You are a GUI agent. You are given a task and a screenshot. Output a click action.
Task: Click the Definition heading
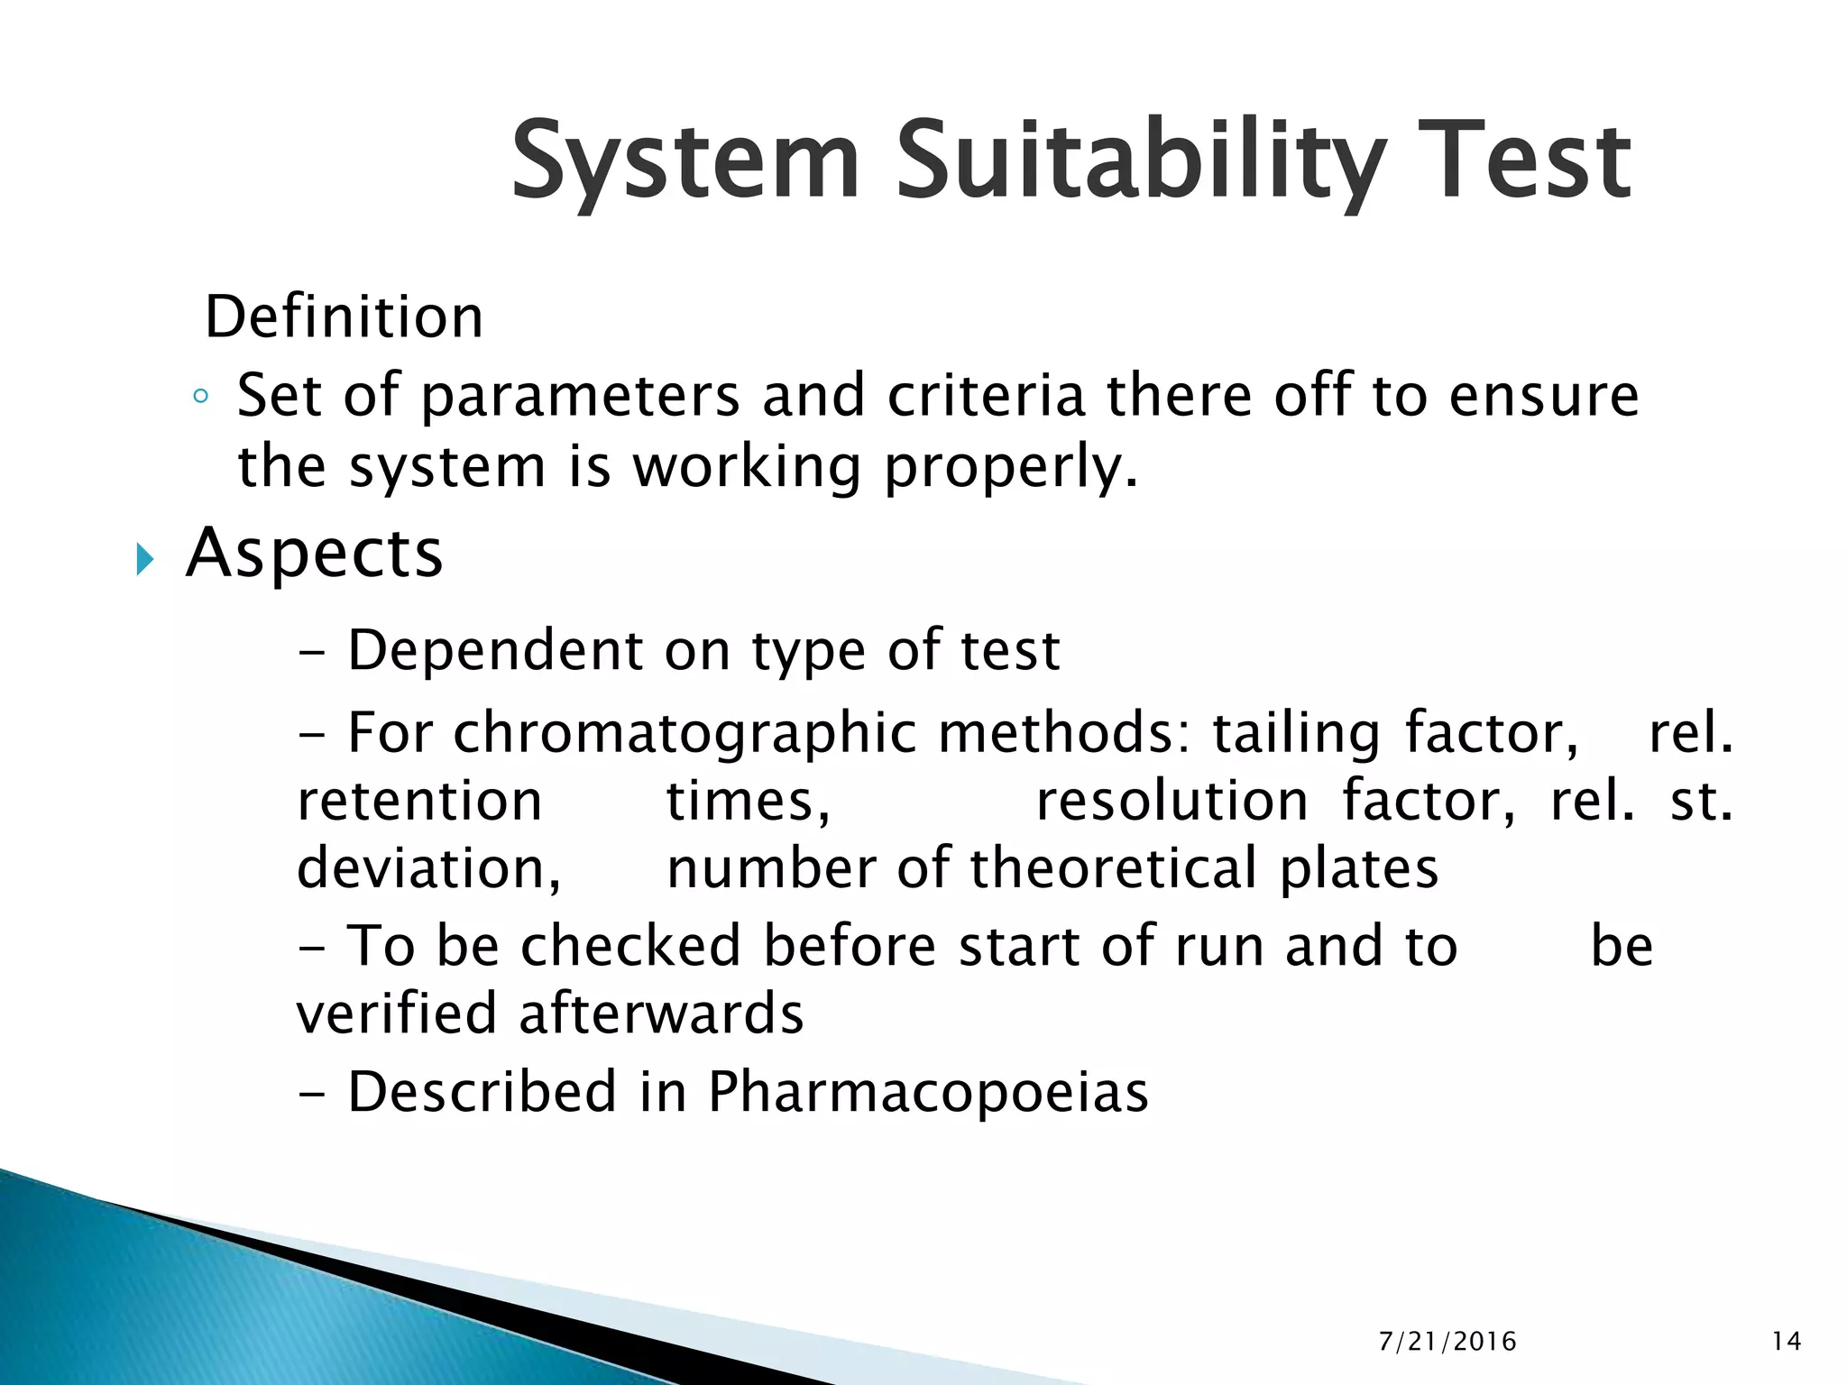[x=345, y=317]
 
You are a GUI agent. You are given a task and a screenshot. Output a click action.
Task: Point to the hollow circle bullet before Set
[x=201, y=396]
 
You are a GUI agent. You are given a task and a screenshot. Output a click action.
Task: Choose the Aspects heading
[x=314, y=553]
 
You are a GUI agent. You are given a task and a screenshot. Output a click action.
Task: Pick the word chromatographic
[x=685, y=733]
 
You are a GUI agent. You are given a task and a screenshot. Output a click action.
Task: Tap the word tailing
[x=1296, y=733]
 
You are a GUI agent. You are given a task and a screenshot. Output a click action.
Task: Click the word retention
[x=419, y=802]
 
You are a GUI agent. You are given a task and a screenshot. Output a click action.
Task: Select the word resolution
[x=1172, y=802]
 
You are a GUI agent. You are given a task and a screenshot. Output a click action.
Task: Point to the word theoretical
[x=1113, y=869]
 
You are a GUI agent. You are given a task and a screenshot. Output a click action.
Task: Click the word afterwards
[x=661, y=1014]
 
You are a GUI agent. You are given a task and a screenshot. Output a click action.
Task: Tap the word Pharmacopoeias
[x=928, y=1093]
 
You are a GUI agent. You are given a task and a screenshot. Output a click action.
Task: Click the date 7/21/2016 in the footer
[x=1447, y=1342]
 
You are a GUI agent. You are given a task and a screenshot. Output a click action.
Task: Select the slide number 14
[x=1787, y=1342]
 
